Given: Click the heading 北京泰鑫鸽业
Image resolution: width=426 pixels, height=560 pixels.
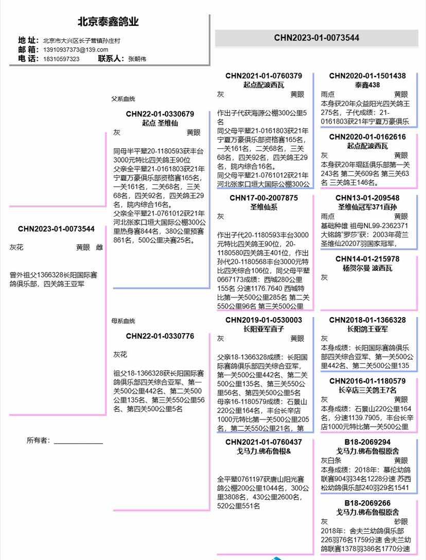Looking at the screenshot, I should tap(108, 22).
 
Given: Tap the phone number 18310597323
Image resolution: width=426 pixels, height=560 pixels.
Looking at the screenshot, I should tap(61, 59).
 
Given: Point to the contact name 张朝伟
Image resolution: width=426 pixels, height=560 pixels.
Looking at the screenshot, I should tap(137, 59).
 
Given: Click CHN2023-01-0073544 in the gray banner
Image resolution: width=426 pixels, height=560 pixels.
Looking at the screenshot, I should tap(316, 38).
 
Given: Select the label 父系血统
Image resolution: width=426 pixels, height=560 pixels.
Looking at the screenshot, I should tap(123, 99).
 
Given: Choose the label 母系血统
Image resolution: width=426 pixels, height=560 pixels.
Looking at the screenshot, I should tap(123, 321).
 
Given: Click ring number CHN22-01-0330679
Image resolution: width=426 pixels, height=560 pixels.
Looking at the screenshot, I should tap(160, 114).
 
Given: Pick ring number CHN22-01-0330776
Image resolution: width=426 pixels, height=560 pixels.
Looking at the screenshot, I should tap(160, 336).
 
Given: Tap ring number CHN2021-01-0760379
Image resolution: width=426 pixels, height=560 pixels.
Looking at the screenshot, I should tap(263, 76).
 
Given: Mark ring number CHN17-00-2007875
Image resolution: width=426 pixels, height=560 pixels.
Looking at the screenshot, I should tap(263, 198).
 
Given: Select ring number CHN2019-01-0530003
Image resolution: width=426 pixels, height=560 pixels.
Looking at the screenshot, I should tap(263, 320).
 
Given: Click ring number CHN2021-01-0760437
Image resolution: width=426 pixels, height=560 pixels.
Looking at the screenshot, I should tap(263, 442).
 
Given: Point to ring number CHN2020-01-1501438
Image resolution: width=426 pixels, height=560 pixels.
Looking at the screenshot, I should tap(367, 76).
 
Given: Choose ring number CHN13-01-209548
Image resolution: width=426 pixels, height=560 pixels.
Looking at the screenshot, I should tap(367, 198).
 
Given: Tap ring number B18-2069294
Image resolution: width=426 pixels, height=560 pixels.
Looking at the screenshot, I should tap(367, 442).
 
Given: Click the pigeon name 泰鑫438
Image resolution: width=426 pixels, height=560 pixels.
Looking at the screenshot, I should tap(367, 85).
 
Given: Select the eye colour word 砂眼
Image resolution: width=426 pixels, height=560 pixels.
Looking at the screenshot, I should tap(401, 521).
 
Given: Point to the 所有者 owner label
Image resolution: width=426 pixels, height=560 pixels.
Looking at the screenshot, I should tap(38, 440).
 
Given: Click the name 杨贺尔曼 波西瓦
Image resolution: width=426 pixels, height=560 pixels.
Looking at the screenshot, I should tap(367, 268).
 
